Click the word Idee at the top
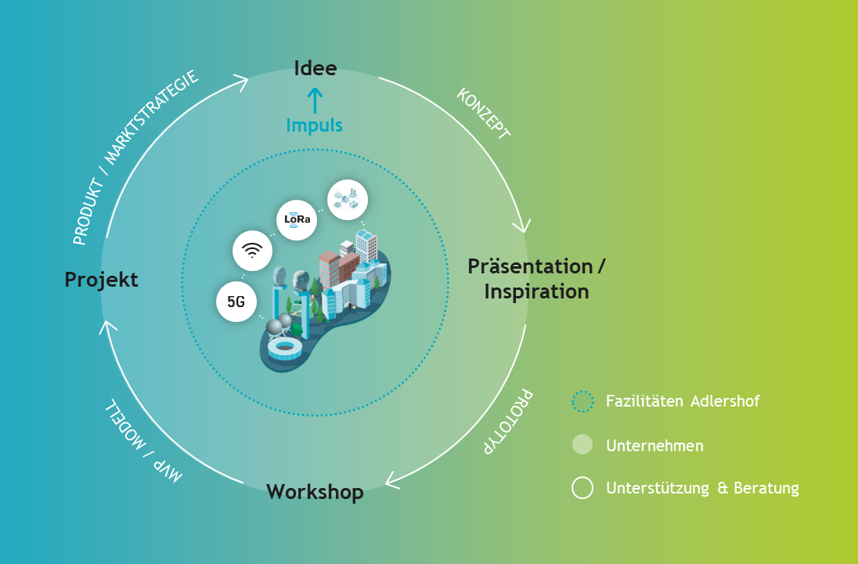315,68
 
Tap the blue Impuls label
314,125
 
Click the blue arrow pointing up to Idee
315,100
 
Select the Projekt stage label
101,280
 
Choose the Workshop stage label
315,492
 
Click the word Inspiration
536,291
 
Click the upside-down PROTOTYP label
508,421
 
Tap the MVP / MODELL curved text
143,441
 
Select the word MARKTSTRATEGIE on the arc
152,117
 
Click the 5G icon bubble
236,301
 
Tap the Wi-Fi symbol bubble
252,251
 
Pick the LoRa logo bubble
297,220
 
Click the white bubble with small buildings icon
348,200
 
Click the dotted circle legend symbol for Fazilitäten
582,401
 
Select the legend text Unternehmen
654,446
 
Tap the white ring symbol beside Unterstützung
582,488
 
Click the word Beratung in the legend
766,488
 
